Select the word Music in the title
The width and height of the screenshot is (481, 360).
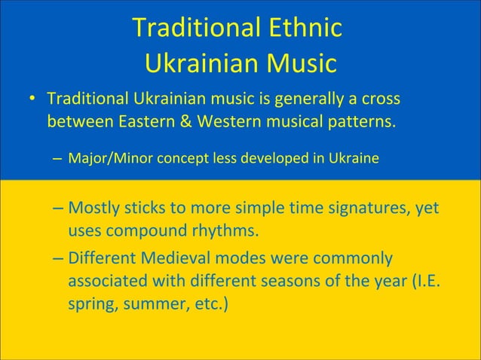299,63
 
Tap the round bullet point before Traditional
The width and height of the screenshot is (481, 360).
32,100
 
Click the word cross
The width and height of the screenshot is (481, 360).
380,99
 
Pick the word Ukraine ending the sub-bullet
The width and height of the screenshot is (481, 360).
353,160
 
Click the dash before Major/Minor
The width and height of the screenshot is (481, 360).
59,160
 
